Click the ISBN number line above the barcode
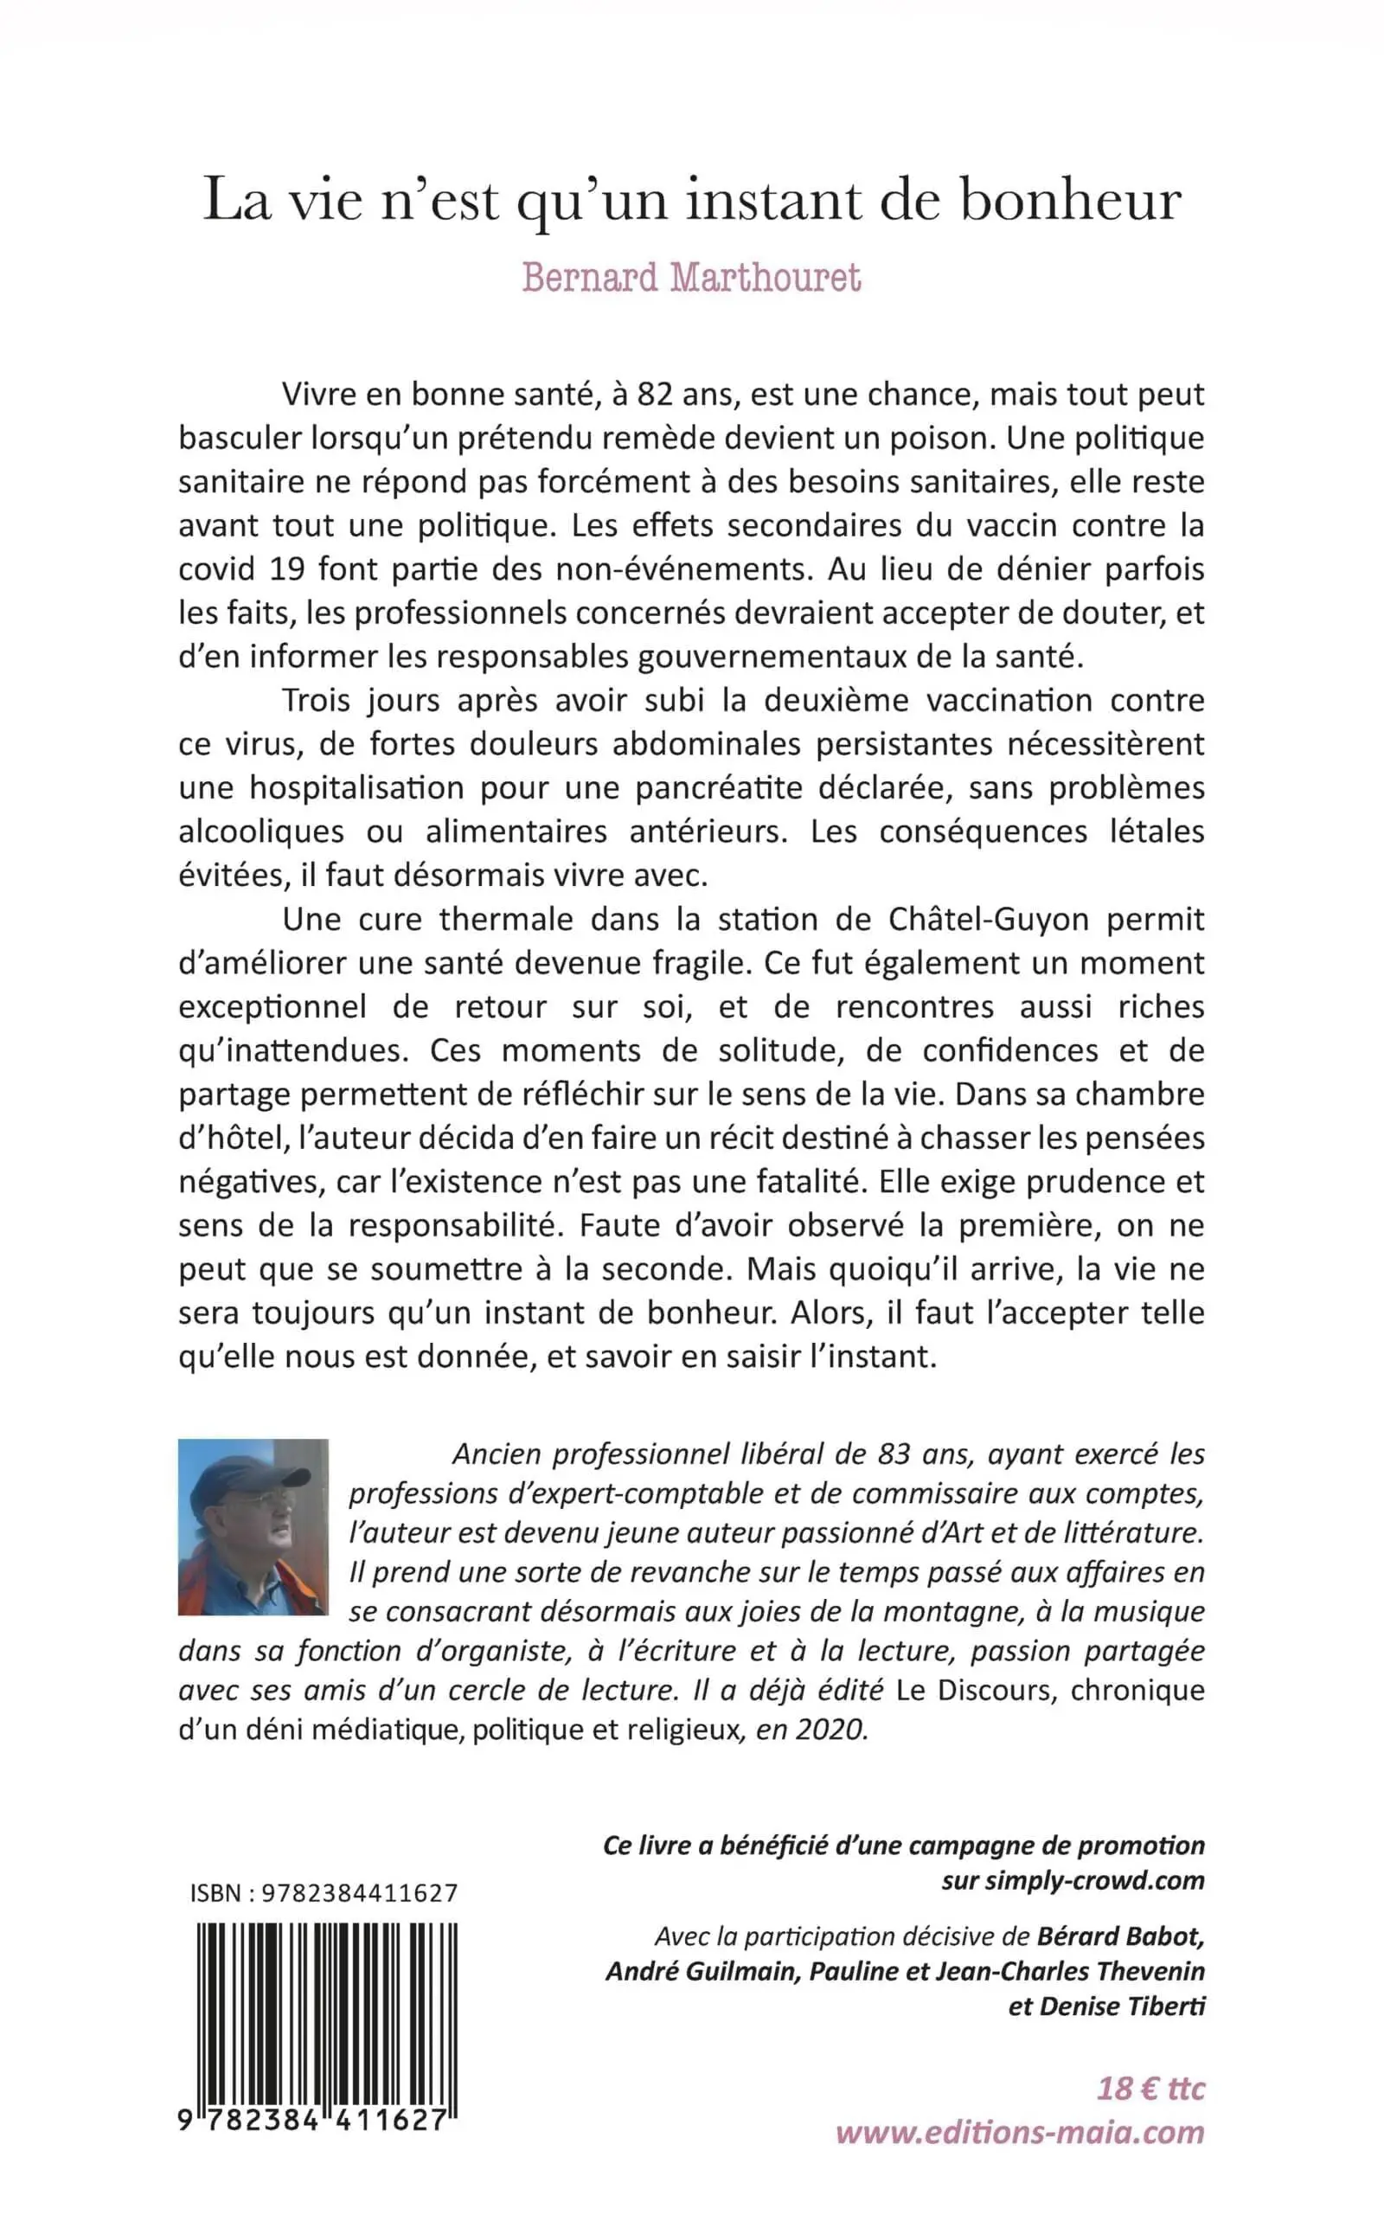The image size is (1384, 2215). [324, 1893]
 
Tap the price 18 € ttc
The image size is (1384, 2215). [1150, 2089]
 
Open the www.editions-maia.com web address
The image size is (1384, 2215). [1020, 2132]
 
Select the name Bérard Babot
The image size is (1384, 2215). [1119, 1936]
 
